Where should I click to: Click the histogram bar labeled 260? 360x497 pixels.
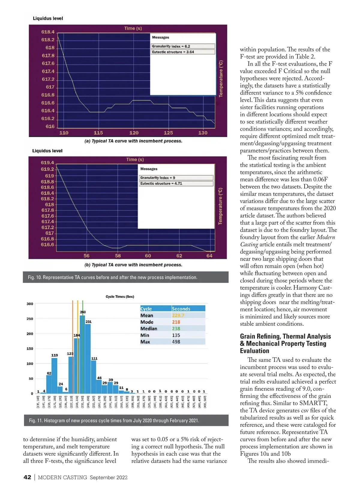coord(82,354)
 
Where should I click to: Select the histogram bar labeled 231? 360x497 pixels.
coord(88,358)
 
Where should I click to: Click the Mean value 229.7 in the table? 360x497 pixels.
coord(178,316)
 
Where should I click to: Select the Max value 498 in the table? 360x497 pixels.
coord(176,342)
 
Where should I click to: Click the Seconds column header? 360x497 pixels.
coord(181,309)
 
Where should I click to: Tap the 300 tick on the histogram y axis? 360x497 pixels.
coord(30,304)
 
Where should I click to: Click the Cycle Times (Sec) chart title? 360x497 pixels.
coord(120,297)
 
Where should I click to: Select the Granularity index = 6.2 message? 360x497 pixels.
coord(171,46)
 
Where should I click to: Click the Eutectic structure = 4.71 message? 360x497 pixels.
coord(161,183)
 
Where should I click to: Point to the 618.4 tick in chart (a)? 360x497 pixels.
coord(48,32)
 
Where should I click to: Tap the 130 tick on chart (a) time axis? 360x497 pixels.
coord(203,133)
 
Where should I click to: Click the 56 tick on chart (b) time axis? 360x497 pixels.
coord(86,256)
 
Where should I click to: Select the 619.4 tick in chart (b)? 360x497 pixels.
coord(47,163)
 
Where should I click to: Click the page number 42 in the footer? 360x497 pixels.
coord(27,477)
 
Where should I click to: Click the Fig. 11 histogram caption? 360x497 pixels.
coord(114,421)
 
